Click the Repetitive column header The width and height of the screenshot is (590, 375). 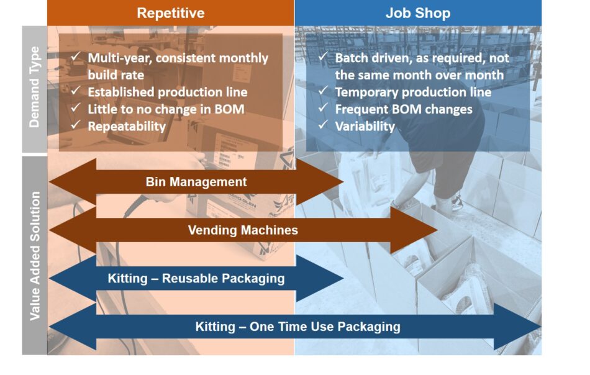[x=170, y=13]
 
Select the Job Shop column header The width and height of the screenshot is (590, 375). [x=418, y=13]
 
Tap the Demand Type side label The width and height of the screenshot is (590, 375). [x=34, y=88]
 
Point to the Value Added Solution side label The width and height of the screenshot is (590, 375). [x=35, y=256]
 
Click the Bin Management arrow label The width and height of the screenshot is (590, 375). [x=196, y=182]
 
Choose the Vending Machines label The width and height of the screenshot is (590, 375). [x=243, y=230]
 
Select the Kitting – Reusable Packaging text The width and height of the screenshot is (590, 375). [x=196, y=279]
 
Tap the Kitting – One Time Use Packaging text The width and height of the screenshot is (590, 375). [x=297, y=327]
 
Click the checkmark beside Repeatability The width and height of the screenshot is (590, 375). [x=76, y=125]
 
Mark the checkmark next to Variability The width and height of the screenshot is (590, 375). [x=323, y=125]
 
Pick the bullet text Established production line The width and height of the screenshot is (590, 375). [x=168, y=92]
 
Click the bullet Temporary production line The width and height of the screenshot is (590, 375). [x=413, y=92]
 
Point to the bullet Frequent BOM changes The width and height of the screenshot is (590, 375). [x=403, y=109]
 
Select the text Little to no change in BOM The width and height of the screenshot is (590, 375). [x=166, y=109]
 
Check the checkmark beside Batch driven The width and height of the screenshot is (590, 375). [x=323, y=56]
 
